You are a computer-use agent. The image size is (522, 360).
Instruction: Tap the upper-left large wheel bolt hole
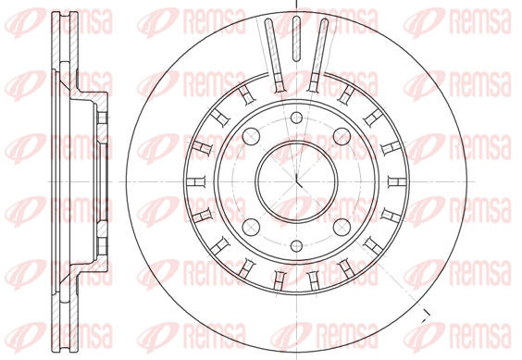click(251, 136)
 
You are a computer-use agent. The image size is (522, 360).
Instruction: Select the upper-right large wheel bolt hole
click(342, 136)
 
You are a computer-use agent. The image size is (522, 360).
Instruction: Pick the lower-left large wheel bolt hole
click(251, 227)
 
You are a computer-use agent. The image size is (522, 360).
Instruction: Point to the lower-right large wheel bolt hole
click(342, 227)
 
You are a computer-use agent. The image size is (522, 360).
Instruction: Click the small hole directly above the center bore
click(296, 118)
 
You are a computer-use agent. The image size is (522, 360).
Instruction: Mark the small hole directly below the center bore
click(296, 246)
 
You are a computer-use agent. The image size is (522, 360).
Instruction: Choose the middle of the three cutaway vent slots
click(296, 39)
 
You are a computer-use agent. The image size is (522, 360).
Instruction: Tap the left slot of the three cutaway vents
click(275, 56)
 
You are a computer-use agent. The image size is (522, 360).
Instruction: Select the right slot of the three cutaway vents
click(318, 56)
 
